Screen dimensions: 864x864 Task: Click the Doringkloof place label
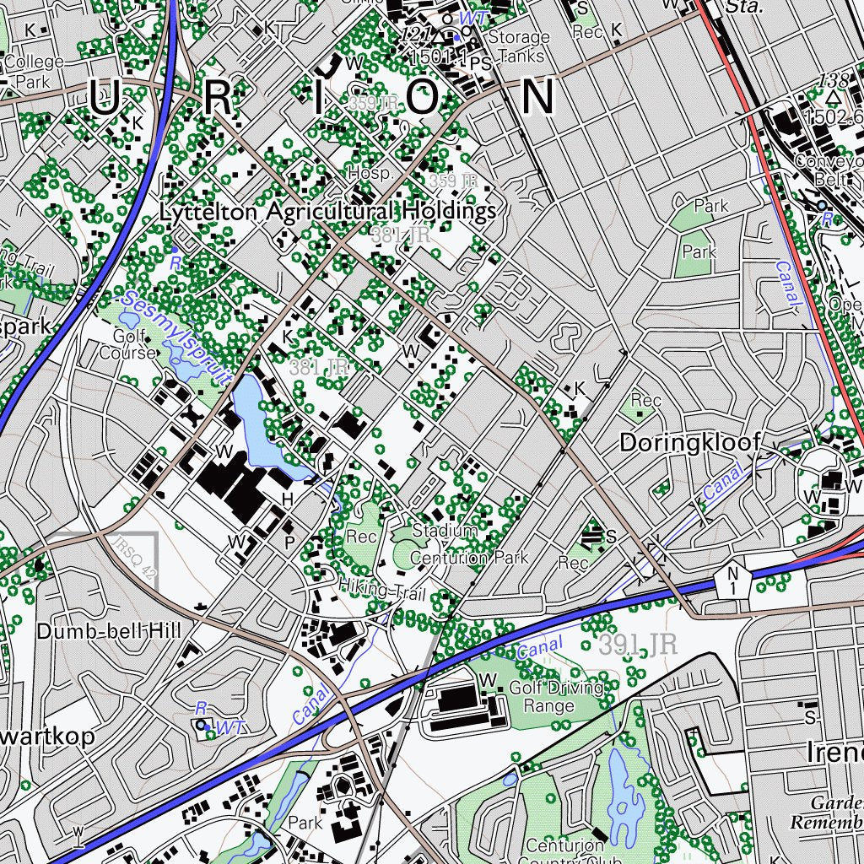coord(689,442)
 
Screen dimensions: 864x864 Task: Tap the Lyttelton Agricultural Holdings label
coord(327,212)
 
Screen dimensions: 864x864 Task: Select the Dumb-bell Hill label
coord(109,631)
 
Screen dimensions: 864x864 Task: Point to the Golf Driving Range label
coord(557,697)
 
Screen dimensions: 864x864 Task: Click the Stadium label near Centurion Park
coord(444,531)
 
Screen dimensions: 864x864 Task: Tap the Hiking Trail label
coord(382,591)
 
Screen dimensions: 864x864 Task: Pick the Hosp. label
coord(370,173)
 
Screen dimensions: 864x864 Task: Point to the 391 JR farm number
coord(638,645)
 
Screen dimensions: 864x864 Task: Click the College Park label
coord(34,72)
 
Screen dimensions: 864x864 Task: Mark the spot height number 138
coord(834,81)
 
